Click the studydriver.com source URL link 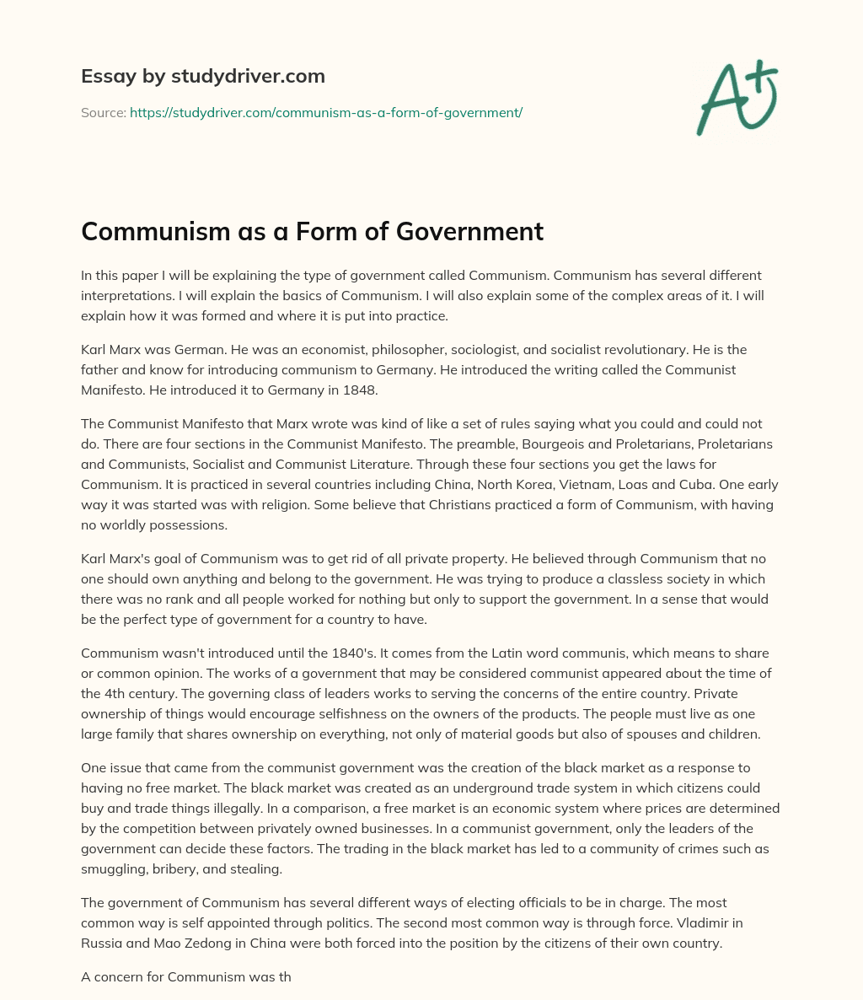tap(326, 112)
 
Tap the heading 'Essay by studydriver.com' tap(203, 76)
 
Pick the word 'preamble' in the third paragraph tap(507, 444)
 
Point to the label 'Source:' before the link tap(103, 112)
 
